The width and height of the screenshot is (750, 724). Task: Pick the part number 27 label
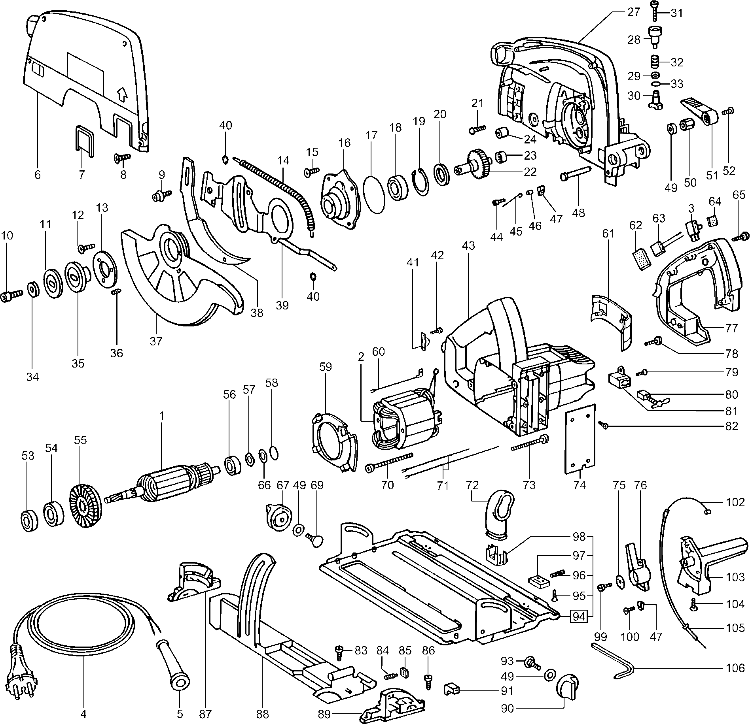pyautogui.click(x=633, y=12)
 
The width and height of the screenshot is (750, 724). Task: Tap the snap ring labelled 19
pyautogui.click(x=422, y=181)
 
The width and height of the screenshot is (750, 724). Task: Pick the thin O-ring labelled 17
pyautogui.click(x=375, y=195)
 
